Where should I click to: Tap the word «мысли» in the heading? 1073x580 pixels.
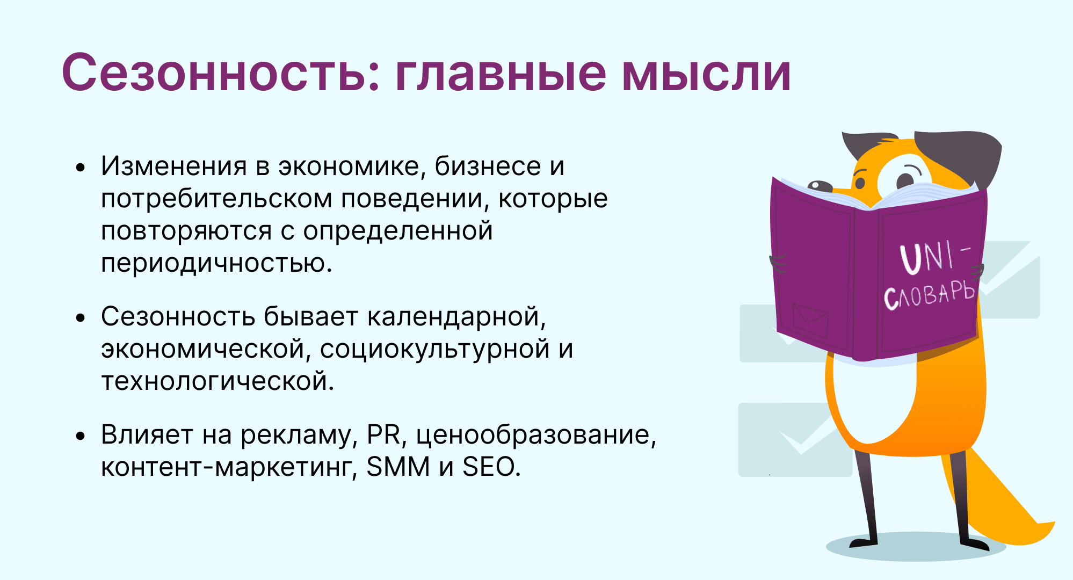[707, 73]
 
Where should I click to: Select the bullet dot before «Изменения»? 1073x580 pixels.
[81, 168]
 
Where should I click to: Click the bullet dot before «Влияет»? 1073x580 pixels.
[81, 436]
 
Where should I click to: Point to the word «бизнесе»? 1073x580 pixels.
[487, 166]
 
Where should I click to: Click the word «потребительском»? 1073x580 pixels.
[216, 198]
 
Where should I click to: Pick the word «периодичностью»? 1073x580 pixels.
[216, 264]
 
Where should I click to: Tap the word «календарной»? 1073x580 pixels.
[456, 316]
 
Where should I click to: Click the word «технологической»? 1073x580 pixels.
[218, 381]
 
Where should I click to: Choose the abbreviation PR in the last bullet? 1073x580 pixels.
[384, 434]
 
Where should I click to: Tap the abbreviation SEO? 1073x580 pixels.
[491, 467]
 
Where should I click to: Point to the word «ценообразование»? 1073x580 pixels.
[536, 435]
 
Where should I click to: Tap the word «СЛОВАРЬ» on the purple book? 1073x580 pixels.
[929, 295]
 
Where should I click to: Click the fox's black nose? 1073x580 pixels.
[820, 186]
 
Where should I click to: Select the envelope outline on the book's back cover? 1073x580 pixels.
[810, 320]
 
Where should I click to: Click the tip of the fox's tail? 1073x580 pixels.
[1054, 523]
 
